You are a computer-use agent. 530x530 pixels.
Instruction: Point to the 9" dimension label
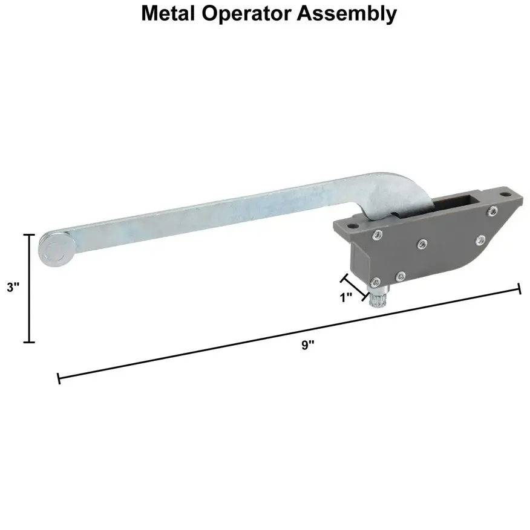(x=308, y=345)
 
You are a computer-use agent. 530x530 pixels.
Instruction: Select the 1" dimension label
(x=347, y=298)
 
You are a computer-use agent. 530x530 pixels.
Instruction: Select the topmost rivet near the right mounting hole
(x=494, y=210)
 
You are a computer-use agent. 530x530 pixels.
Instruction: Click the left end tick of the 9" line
(x=59, y=379)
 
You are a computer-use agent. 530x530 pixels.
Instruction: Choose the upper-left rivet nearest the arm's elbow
(x=378, y=236)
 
